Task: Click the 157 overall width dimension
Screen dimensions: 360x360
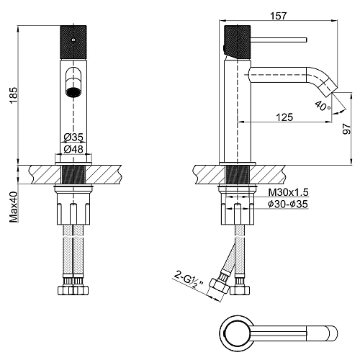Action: point(279,16)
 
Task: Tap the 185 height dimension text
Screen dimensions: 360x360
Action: point(14,96)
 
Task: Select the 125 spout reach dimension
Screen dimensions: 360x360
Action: point(284,117)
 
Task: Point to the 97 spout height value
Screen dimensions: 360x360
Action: point(346,129)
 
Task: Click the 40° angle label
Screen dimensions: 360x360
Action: point(323,106)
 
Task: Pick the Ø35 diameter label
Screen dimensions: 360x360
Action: point(73,138)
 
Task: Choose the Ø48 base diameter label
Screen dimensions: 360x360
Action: point(73,149)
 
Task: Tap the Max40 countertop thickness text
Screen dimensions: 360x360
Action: point(14,207)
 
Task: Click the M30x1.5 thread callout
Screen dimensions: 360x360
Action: point(288,192)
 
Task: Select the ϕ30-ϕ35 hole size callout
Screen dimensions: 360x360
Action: point(288,204)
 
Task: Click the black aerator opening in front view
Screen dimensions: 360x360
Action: point(73,93)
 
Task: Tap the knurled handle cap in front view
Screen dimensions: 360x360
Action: point(73,42)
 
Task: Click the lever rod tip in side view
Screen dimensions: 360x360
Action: point(306,40)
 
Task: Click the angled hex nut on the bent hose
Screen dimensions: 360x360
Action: point(218,286)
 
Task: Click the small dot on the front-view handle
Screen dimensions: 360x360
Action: point(73,40)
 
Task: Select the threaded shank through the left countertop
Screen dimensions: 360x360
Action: point(73,174)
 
